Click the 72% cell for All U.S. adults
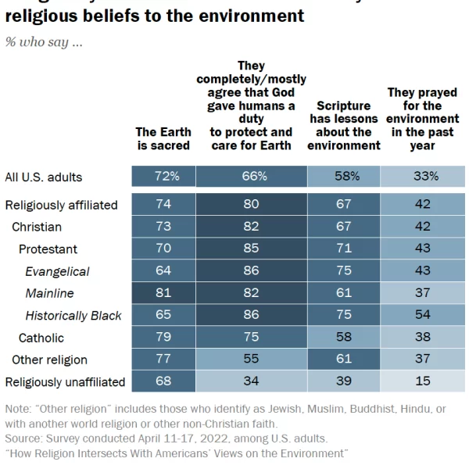(x=163, y=177)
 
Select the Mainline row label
(x=50, y=294)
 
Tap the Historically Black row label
(x=73, y=316)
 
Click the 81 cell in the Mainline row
(x=163, y=294)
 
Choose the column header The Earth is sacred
(x=163, y=138)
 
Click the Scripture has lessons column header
(x=344, y=125)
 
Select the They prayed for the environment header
(x=422, y=119)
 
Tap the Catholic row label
(x=41, y=338)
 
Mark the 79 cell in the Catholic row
(x=163, y=338)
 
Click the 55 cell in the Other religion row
(x=251, y=360)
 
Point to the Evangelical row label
(x=57, y=271)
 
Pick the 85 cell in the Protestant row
(x=251, y=249)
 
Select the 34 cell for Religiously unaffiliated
(x=251, y=382)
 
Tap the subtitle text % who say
(x=44, y=42)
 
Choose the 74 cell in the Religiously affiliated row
(x=163, y=205)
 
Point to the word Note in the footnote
(x=18, y=409)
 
